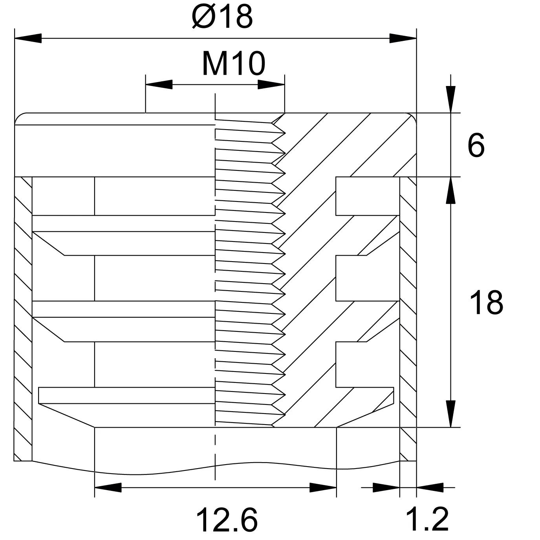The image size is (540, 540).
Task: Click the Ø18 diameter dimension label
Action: pyautogui.click(x=222, y=16)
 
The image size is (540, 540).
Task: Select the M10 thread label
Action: pyautogui.click(x=233, y=64)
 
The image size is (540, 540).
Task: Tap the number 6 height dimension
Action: pyautogui.click(x=476, y=145)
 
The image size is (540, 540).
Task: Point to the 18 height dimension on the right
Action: pyautogui.click(x=486, y=303)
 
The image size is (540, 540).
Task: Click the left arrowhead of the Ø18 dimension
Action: pyautogui.click(x=28, y=38)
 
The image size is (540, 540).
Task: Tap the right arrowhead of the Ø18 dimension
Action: pyautogui.click(x=403, y=38)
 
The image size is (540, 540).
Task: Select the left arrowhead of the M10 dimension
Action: pyautogui.click(x=159, y=84)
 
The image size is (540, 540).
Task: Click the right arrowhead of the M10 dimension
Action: pyautogui.click(x=271, y=84)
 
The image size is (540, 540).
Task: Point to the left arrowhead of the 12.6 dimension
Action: pyautogui.click(x=108, y=488)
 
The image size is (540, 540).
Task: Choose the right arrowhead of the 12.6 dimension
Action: pyautogui.click(x=323, y=488)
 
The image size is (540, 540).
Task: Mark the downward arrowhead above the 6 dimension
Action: pyautogui.click(x=450, y=99)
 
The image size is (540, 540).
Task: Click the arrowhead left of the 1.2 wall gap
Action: pyautogui.click(x=386, y=488)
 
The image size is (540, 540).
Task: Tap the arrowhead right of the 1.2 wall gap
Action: pyautogui.click(x=430, y=488)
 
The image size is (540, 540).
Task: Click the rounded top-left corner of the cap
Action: pyautogui.click(x=18, y=116)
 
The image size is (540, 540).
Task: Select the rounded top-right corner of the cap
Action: pyautogui.click(x=413, y=116)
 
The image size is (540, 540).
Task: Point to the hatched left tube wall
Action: pyautogui.click(x=23, y=319)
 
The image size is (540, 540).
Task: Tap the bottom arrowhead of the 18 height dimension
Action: pyautogui.click(x=450, y=414)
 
